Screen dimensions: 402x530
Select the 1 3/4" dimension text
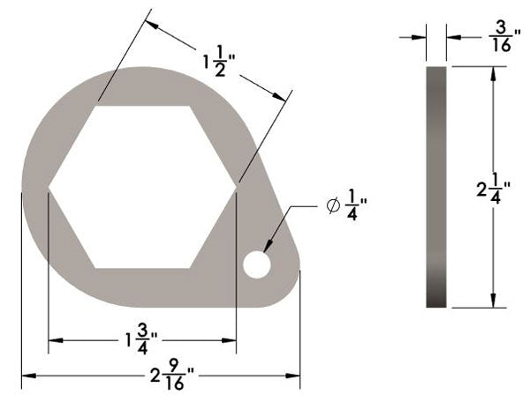(x=141, y=339)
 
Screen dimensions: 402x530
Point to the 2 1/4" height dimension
(x=488, y=188)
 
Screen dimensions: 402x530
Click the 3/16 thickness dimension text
(x=500, y=37)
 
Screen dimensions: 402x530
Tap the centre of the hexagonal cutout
(x=142, y=186)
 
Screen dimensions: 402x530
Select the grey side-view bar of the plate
(x=436, y=186)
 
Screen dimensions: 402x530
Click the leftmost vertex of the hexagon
(x=48, y=186)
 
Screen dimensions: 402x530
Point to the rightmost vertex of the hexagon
(x=237, y=186)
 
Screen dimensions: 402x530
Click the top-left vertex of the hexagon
(x=95, y=106)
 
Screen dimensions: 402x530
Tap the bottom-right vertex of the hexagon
(x=190, y=267)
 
